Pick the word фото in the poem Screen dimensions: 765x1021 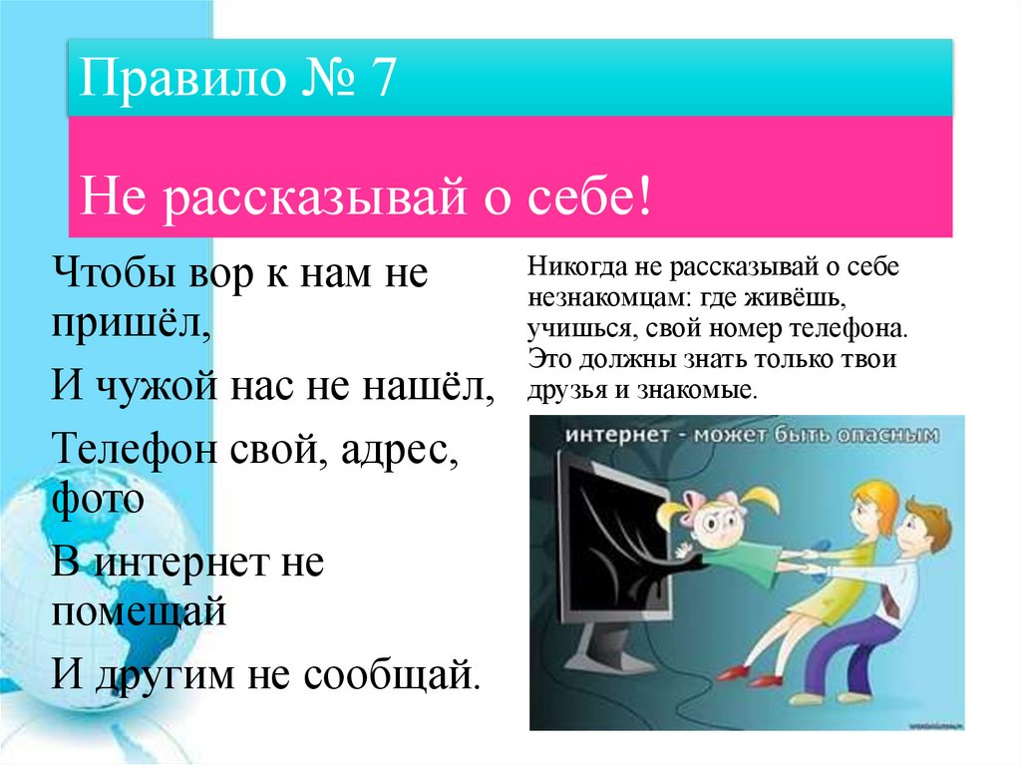96,497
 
